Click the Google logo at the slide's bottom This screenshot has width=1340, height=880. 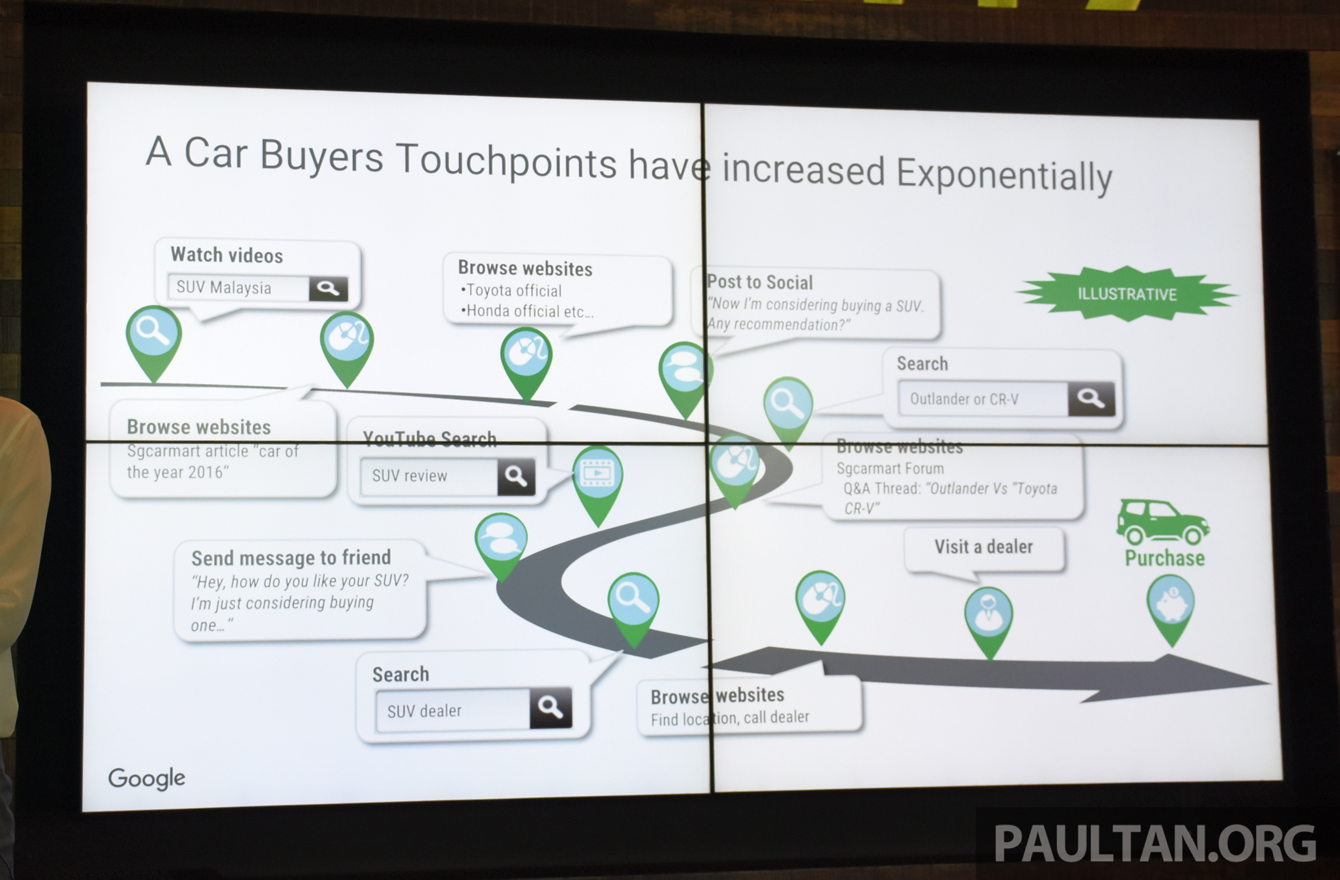147,778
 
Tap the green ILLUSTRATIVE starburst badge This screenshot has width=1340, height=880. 1126,293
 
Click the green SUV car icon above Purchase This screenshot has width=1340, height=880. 1162,522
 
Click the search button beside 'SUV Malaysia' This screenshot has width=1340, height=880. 328,289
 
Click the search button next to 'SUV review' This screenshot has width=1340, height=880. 516,477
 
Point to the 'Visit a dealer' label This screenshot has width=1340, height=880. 984,546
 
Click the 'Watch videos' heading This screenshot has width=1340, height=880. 227,255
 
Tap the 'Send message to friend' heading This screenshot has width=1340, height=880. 291,558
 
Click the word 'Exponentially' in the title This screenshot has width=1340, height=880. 1004,174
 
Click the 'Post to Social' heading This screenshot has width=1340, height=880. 760,282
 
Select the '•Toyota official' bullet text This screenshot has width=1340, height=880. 511,291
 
